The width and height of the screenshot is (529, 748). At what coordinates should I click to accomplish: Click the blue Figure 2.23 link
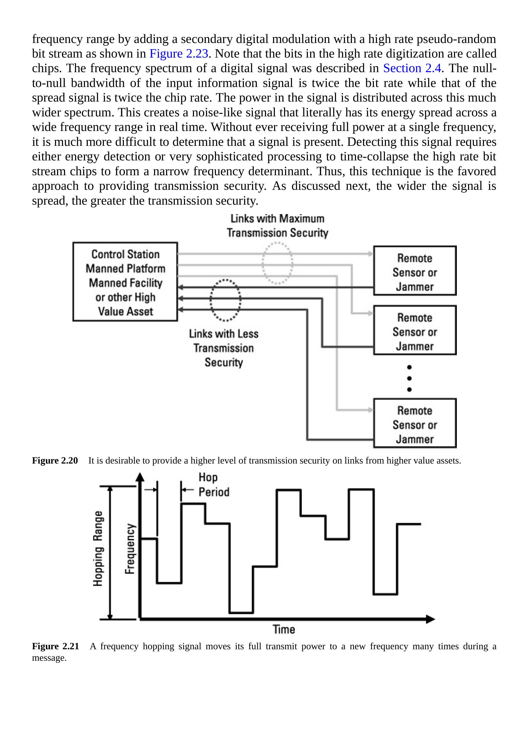179,54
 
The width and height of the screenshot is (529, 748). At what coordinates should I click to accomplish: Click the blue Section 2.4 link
412,68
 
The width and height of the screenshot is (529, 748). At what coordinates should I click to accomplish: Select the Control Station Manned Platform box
125,282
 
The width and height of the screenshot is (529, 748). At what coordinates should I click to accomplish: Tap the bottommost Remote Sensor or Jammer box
415,423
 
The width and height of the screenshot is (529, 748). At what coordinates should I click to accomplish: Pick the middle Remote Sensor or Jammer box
415,330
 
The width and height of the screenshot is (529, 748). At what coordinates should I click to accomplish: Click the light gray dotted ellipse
277,263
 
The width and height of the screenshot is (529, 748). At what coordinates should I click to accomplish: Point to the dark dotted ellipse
225,300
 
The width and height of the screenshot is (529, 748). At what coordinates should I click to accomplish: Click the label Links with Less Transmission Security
224,348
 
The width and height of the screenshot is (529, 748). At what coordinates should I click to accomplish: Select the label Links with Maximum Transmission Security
277,226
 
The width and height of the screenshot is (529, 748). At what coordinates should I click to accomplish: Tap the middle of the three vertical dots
409,378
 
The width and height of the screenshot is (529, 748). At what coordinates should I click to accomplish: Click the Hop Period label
213,485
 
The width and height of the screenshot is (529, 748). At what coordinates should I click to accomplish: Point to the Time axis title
284,629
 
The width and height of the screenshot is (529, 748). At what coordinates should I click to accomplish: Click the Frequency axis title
130,549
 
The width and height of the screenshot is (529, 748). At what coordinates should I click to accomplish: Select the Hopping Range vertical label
98,549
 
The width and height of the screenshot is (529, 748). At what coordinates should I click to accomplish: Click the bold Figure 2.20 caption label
55,461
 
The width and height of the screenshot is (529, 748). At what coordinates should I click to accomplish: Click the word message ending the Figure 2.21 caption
49,658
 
